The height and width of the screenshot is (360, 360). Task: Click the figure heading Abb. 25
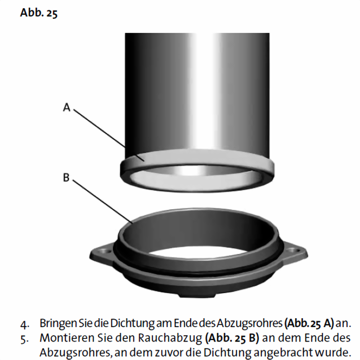tap(39, 13)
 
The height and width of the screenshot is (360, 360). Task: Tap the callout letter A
tap(66, 107)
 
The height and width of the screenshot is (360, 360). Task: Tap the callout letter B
tap(66, 177)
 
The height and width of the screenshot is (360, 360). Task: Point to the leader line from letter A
tap(109, 135)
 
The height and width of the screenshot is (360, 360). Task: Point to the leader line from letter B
tap(103, 202)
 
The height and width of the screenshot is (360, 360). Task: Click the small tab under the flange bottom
tap(198, 295)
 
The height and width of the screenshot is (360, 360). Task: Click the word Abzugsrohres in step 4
tap(249, 323)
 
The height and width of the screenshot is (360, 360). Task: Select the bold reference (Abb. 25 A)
tap(309, 323)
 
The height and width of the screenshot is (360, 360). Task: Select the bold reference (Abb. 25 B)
tap(232, 338)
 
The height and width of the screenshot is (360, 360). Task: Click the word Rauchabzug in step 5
tap(170, 338)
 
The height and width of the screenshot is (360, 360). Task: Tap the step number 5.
tap(25, 339)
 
